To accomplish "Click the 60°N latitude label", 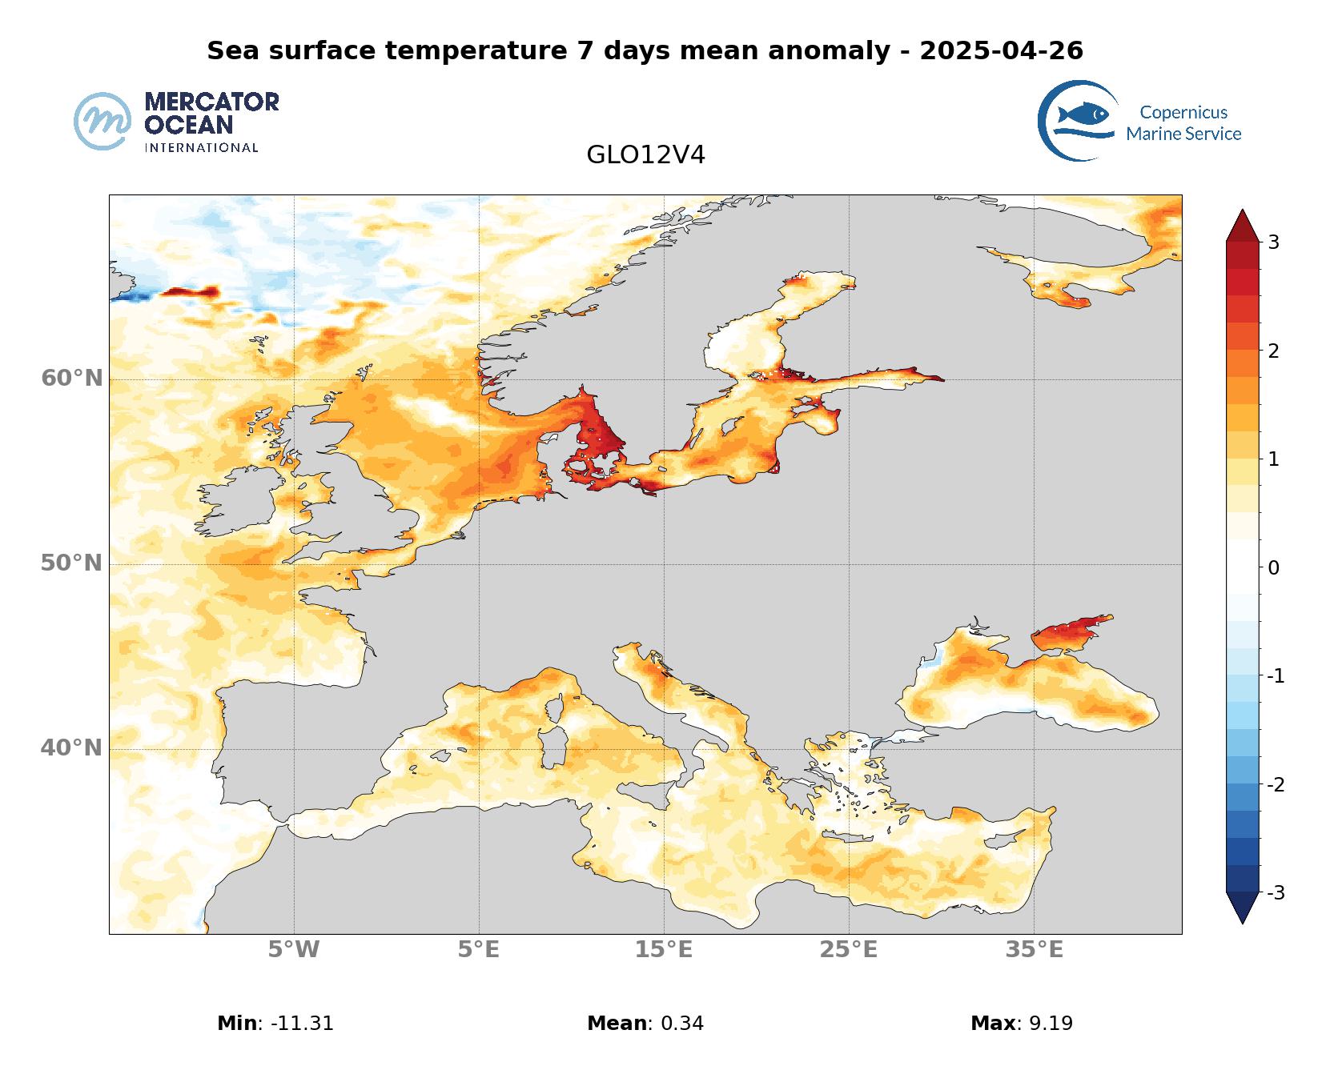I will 72,378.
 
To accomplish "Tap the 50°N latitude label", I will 72,563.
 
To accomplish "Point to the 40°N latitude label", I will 72,747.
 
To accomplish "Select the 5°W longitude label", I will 294,950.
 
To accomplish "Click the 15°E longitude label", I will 664,950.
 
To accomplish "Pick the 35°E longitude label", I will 1035,950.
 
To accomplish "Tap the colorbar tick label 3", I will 1273,242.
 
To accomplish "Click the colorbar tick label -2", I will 1276,784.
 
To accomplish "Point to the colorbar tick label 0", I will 1273,568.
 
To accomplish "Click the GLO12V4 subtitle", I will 645,154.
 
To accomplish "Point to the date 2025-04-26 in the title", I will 1001,51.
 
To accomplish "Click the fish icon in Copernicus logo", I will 1083,114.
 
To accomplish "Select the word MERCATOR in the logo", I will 211,102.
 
